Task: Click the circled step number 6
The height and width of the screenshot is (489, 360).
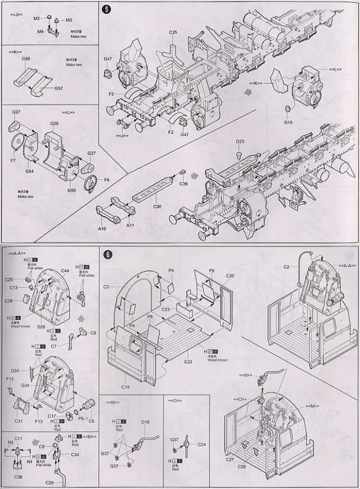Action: coord(108,254)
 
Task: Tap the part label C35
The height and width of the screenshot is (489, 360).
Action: coord(173,33)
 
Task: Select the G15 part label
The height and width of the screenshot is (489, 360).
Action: coord(289,122)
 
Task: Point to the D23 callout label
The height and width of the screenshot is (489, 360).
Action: coord(240,142)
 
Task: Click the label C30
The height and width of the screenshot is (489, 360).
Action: coord(157,207)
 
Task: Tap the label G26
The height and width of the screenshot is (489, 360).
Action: coord(55,123)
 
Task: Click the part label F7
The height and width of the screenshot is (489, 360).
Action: coord(12,161)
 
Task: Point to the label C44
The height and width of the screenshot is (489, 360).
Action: coord(65,271)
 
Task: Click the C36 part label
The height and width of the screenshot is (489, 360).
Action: coord(183,184)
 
